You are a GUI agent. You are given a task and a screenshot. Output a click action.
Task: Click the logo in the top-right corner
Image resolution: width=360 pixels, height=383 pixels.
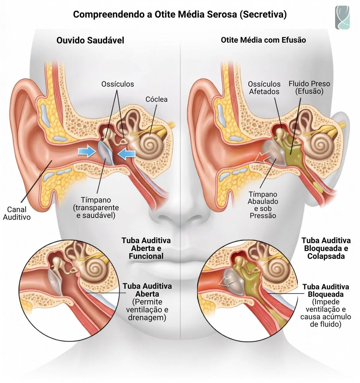(342, 17)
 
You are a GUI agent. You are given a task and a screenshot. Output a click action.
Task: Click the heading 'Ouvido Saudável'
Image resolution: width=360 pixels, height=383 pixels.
(90, 41)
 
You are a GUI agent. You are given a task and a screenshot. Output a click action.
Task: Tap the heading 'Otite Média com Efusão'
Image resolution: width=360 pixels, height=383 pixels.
(263, 40)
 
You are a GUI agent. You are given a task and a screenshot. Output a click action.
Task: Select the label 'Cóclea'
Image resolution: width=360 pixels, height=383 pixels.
(156, 99)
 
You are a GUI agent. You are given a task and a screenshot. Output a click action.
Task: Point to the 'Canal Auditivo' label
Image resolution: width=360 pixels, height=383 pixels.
(17, 213)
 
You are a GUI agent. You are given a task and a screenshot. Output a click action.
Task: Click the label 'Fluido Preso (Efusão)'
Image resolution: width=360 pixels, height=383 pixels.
(309, 88)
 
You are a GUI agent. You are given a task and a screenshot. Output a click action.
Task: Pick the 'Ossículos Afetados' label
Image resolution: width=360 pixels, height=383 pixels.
(264, 88)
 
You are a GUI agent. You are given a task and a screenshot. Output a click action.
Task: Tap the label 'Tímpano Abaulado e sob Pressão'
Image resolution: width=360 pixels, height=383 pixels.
(263, 205)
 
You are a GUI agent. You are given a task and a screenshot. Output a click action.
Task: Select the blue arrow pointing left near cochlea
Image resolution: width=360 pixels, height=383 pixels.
(127, 154)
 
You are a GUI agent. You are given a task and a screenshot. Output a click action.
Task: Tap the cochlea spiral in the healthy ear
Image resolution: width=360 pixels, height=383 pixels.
(148, 144)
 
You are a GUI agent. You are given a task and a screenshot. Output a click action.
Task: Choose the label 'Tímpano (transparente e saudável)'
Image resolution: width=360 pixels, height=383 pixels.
(96, 208)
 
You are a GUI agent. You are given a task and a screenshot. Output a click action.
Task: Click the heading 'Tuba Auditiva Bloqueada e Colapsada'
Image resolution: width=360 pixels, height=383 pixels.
(326, 249)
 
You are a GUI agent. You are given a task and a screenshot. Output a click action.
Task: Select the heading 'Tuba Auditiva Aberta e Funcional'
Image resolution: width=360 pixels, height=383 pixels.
(146, 249)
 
